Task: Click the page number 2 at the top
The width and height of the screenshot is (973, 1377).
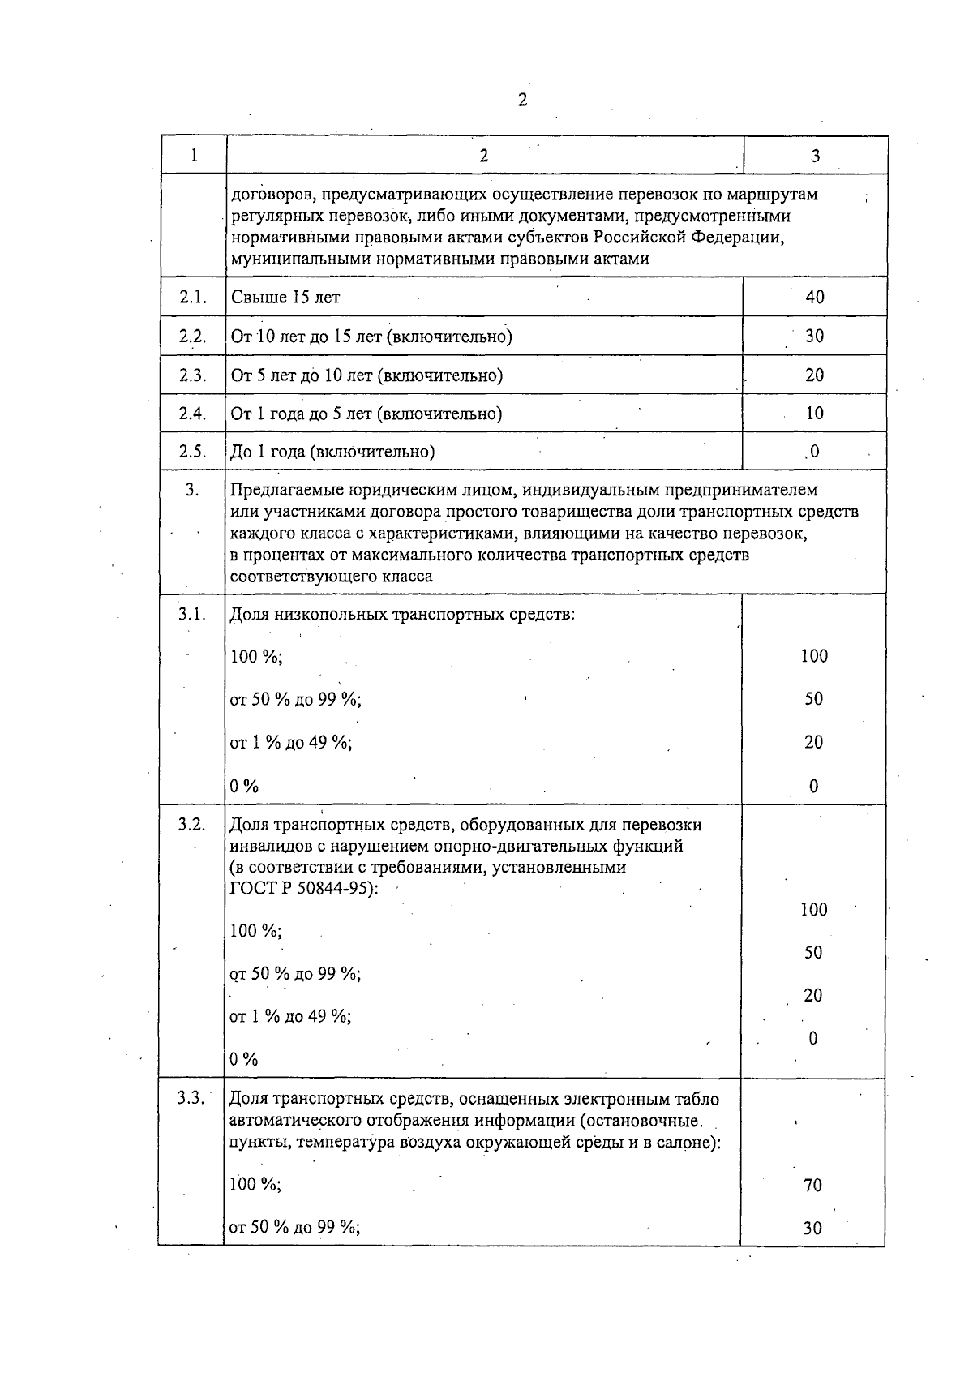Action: (522, 101)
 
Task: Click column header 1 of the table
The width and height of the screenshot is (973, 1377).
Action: (194, 156)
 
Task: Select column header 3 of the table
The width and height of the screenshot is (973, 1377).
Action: (815, 156)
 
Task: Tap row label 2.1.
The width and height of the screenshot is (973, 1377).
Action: (193, 297)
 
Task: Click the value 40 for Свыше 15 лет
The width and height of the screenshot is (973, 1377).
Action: (814, 297)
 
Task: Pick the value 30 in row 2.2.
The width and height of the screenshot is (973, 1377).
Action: (814, 336)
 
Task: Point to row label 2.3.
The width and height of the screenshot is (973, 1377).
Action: (193, 375)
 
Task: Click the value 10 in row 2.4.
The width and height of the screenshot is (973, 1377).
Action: (814, 414)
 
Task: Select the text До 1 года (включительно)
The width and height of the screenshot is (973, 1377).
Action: (332, 453)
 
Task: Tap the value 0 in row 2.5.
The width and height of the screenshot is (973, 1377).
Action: (814, 452)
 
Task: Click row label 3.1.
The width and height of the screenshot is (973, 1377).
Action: (192, 614)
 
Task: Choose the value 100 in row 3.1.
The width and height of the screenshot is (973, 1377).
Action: (813, 656)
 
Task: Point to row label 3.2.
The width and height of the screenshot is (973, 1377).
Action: (192, 825)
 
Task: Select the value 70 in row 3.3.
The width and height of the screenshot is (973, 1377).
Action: (812, 1186)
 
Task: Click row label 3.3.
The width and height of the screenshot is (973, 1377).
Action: (192, 1099)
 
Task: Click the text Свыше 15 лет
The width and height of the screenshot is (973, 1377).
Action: (285, 297)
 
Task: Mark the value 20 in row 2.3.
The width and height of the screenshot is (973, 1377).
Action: (814, 375)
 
